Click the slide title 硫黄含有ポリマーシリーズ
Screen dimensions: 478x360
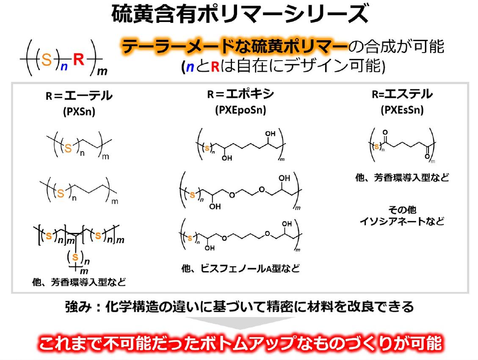(x=240, y=14)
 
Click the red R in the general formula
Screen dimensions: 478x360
(x=79, y=59)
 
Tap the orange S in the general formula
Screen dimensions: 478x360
(x=46, y=59)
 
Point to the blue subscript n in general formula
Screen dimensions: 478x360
(x=64, y=66)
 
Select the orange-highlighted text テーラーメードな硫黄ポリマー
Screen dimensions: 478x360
(x=235, y=47)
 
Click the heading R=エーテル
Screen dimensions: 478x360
(x=79, y=96)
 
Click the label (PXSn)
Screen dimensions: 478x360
(x=79, y=111)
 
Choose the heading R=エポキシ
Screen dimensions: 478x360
(x=240, y=94)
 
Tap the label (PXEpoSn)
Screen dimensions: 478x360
(x=240, y=110)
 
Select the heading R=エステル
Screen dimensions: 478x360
(x=402, y=94)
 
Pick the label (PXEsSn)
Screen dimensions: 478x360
(x=402, y=110)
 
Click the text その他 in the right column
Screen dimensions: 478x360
(x=402, y=210)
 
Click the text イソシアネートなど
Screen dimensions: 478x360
(x=402, y=221)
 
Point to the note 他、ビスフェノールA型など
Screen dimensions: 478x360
(x=240, y=269)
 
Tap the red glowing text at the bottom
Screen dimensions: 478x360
(x=240, y=343)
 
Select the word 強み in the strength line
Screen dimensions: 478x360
(x=78, y=307)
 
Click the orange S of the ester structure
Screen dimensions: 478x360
(x=377, y=147)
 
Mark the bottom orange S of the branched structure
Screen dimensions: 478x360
(x=75, y=257)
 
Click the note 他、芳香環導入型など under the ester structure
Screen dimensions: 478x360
(x=402, y=177)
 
